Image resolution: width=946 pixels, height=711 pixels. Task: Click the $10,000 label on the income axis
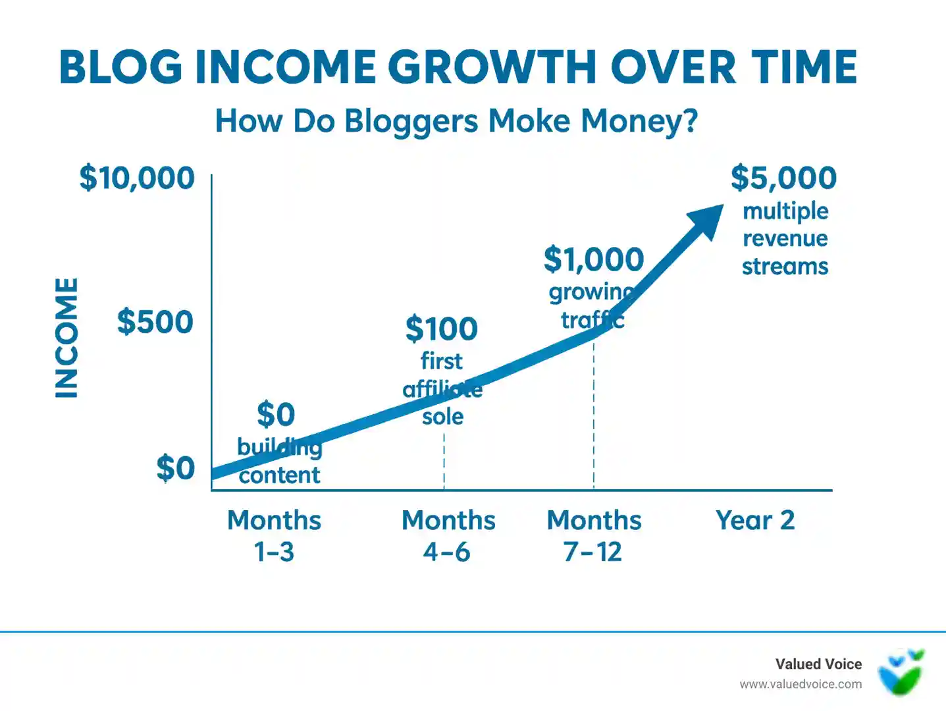pyautogui.click(x=137, y=178)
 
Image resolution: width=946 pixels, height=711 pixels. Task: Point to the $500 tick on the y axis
pyautogui.click(x=155, y=322)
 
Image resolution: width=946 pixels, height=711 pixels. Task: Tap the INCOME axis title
pyautogui.click(x=66, y=338)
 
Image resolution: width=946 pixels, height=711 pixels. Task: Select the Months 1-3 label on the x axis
pyautogui.click(x=274, y=535)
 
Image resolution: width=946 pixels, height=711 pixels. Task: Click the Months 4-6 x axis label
pyautogui.click(x=448, y=535)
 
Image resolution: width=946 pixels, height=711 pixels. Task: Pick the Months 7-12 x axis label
pyautogui.click(x=594, y=535)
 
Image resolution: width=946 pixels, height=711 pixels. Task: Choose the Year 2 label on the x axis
pyautogui.click(x=755, y=520)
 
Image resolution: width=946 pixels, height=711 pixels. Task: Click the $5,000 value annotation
pyautogui.click(x=783, y=178)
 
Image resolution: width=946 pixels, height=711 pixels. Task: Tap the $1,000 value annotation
pyautogui.click(x=594, y=259)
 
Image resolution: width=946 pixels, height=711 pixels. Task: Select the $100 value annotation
pyautogui.click(x=442, y=329)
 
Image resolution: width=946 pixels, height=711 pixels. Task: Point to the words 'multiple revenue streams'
pyautogui.click(x=785, y=238)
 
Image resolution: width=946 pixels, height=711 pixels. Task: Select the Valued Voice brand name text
pyautogui.click(x=818, y=664)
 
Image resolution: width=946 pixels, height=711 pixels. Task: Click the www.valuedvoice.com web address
pyautogui.click(x=801, y=684)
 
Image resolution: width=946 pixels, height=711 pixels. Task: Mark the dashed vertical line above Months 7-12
pyautogui.click(x=594, y=415)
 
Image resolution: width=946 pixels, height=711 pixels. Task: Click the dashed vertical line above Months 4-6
pyautogui.click(x=444, y=461)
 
